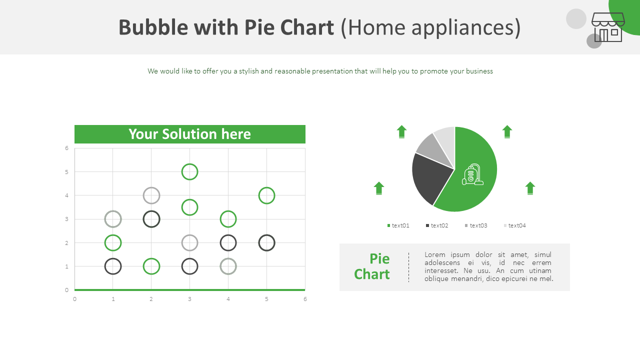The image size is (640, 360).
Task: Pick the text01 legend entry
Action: click(398, 225)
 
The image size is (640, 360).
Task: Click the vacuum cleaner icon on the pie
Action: click(472, 174)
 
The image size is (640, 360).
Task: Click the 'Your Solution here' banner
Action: click(189, 134)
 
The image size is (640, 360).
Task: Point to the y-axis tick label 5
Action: click(66, 172)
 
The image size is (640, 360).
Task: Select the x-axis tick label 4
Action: click(228, 299)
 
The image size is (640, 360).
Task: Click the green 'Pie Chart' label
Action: click(372, 266)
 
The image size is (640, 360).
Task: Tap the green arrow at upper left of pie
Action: click(401, 131)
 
